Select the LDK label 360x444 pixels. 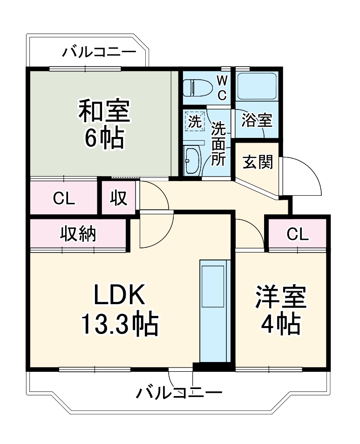pos(121,295)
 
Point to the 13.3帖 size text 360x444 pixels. pos(120,324)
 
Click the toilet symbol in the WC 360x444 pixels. pos(196,87)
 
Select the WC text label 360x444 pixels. pos(222,87)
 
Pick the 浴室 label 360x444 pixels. pos(257,121)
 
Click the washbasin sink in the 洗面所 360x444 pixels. pos(192,159)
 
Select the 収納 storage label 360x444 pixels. pos(78,233)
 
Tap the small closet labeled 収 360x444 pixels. pos(119,198)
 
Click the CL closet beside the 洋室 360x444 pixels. pos(297,234)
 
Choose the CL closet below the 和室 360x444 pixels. pos(64,198)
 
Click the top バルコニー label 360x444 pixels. pos(99,51)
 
